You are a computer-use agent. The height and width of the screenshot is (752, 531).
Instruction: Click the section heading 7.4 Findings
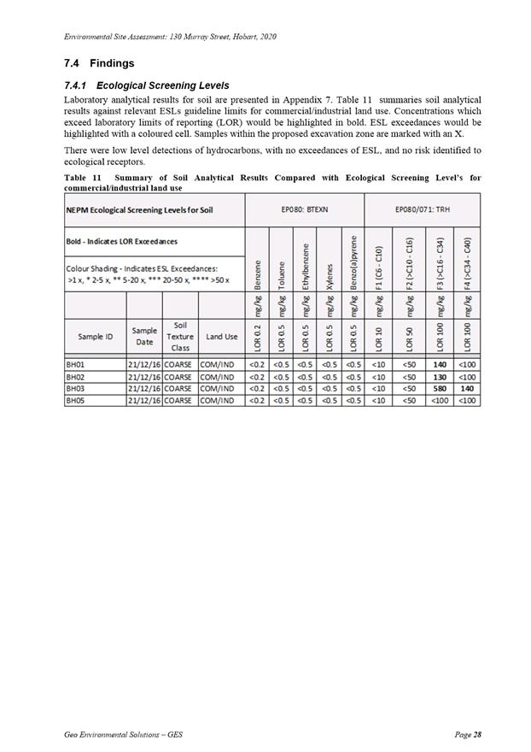98,63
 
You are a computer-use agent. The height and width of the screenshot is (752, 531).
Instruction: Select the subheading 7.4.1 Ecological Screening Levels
146,85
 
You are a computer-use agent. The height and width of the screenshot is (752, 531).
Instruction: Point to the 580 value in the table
441,387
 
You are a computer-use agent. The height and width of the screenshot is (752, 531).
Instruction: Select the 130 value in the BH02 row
441,376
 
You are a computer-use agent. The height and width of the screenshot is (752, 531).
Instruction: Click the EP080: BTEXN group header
305,209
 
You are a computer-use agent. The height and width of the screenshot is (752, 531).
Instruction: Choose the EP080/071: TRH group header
423,209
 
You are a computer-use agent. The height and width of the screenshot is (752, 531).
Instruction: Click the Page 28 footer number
468,735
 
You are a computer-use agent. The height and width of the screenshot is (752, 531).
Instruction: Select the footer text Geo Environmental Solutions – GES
123,735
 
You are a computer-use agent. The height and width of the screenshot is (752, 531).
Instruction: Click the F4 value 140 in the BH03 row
467,387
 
